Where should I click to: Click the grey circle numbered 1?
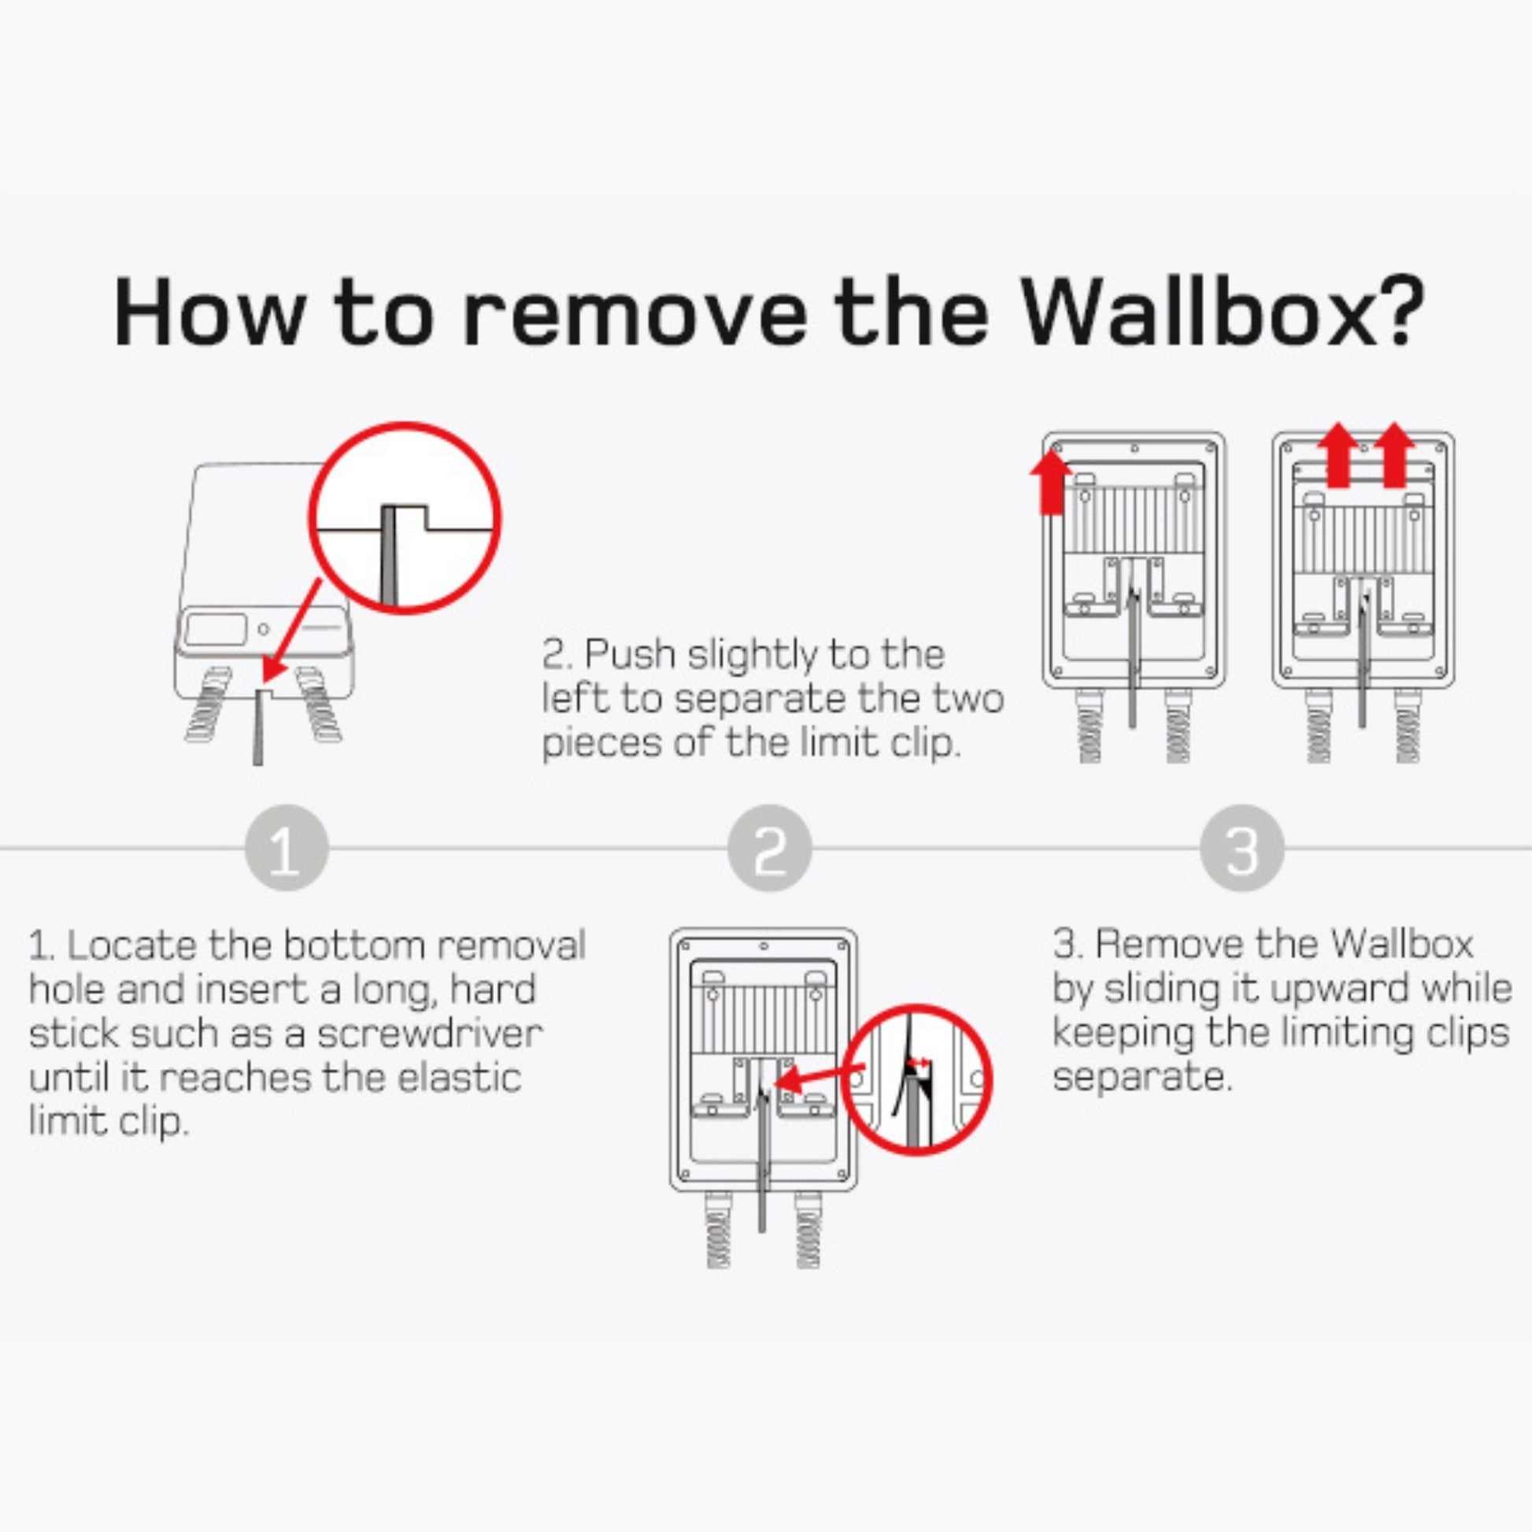point(286,848)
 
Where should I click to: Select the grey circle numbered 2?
point(769,848)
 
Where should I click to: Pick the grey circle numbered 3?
point(1241,848)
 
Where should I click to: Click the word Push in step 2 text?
point(630,655)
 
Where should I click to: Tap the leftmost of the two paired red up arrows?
point(1338,456)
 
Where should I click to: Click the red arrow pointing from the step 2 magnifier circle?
point(816,1079)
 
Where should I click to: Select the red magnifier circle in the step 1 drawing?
point(405,518)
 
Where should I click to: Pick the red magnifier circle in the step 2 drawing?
point(916,1079)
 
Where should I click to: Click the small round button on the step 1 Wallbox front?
point(262,630)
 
